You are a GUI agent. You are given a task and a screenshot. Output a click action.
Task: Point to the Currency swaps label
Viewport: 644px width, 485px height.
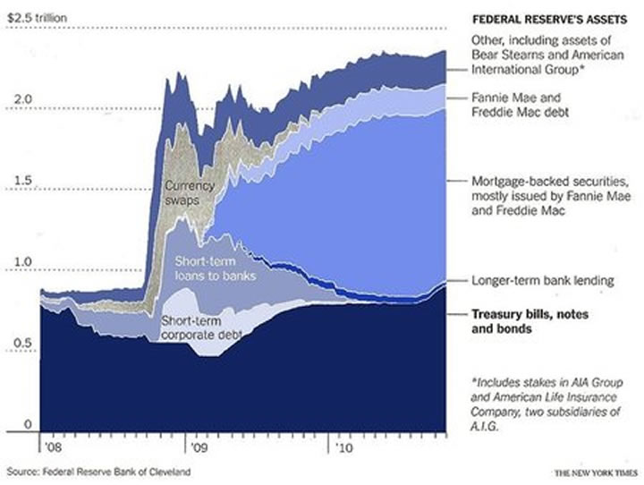[189, 193]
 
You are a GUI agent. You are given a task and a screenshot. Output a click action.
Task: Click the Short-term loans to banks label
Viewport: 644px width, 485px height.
[216, 268]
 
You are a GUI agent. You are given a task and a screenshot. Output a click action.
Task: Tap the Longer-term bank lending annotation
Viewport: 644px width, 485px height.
[542, 281]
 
